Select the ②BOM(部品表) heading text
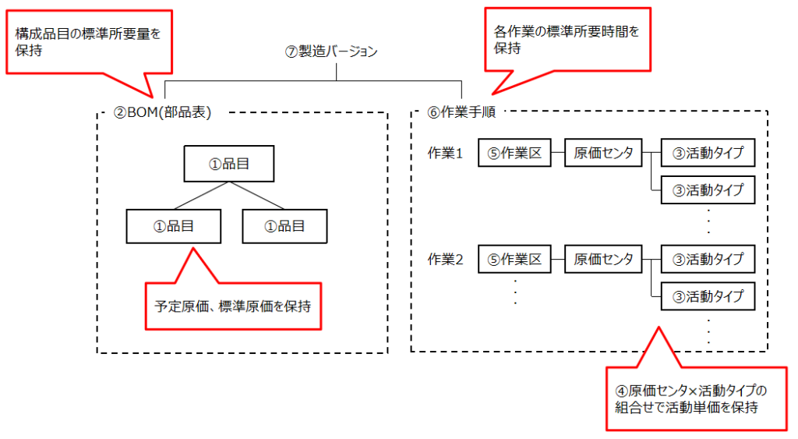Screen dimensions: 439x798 click(x=162, y=112)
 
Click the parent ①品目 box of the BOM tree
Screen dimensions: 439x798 click(x=230, y=164)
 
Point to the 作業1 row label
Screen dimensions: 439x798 click(x=445, y=154)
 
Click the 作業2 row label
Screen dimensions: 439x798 click(x=445, y=260)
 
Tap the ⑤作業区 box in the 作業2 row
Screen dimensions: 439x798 click(x=514, y=260)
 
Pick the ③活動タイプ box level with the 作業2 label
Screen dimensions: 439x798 click(x=708, y=260)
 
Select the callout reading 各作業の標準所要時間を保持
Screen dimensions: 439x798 click(x=567, y=40)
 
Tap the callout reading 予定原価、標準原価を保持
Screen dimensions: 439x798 click(x=232, y=306)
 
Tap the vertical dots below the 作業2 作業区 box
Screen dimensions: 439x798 click(x=515, y=290)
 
